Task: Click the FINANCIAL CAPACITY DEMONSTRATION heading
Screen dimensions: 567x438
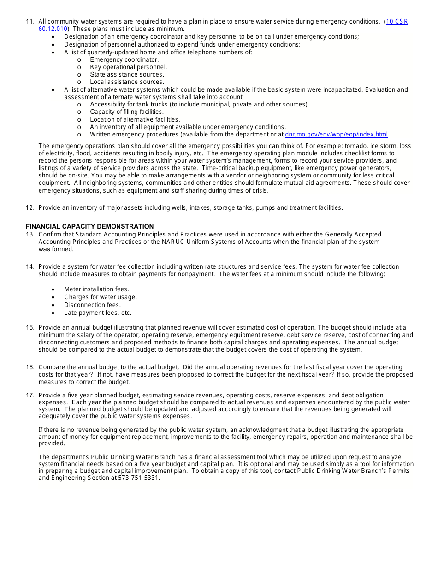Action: click(x=89, y=226)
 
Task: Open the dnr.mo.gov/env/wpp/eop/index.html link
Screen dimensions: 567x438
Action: click(x=336, y=135)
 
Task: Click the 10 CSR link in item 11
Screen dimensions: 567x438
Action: click(x=397, y=22)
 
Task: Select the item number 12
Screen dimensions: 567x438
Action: click(x=30, y=208)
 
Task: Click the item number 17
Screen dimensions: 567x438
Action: click(x=30, y=395)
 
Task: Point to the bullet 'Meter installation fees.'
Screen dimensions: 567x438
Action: click(x=96, y=289)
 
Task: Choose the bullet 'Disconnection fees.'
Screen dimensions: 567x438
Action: click(x=92, y=305)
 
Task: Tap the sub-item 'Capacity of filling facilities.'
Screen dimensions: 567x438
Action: click(x=126, y=112)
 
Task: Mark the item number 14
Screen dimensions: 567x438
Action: click(x=30, y=266)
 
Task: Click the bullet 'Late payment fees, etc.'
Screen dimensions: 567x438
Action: click(x=98, y=313)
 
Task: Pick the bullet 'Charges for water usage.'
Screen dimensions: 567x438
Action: click(x=101, y=297)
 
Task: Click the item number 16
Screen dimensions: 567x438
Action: click(x=30, y=367)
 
